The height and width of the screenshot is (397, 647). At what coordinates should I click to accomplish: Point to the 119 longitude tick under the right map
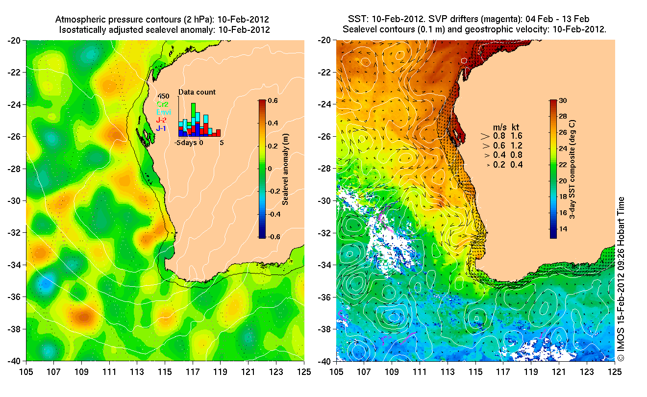531,372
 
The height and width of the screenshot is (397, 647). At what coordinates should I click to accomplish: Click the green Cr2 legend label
162,104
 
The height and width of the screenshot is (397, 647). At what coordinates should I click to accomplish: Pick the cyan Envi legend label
163,112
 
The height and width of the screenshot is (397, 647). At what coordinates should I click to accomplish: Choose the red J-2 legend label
161,120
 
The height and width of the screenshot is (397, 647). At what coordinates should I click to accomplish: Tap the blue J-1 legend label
161,128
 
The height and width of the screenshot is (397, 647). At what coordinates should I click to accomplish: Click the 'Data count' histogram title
197,92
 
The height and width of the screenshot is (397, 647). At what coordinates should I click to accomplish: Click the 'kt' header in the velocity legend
516,125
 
